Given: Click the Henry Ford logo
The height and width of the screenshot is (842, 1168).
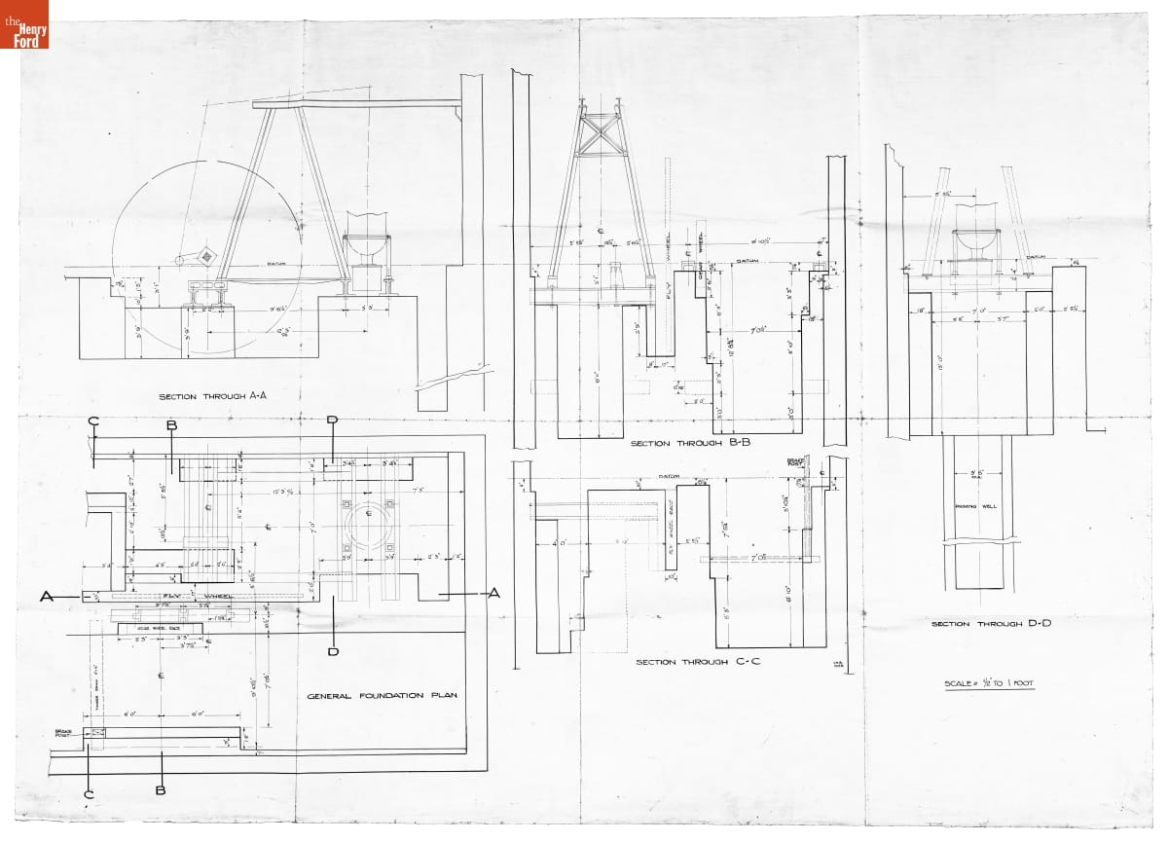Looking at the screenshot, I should [x=24, y=24].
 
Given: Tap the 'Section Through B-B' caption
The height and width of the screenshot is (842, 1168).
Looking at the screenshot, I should [x=678, y=443].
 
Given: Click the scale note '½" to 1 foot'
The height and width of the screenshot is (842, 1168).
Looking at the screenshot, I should [x=989, y=683].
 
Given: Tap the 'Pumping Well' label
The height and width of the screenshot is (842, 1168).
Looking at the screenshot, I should [x=978, y=507].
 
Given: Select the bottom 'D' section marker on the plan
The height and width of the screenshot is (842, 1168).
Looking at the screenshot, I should [x=333, y=650].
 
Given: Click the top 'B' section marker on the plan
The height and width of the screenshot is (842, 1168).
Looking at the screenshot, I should [x=171, y=425].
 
